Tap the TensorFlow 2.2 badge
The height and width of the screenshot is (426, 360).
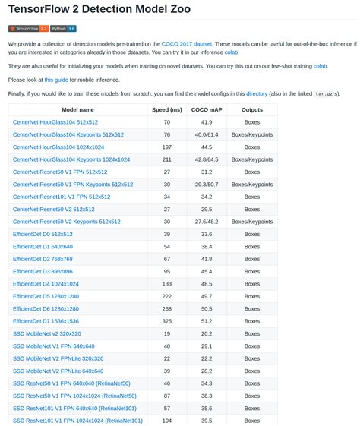[x=28, y=29]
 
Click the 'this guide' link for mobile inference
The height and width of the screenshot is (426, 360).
[x=55, y=80]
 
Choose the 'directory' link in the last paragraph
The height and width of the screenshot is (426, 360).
[x=257, y=93]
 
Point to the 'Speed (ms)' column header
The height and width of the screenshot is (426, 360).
[x=166, y=110]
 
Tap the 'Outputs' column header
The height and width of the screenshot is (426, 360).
[x=252, y=110]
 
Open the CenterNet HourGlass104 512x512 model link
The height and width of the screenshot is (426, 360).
[x=55, y=122]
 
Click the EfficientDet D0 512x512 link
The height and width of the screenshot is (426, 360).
[x=43, y=234]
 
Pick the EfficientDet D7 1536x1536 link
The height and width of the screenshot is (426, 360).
[x=46, y=321]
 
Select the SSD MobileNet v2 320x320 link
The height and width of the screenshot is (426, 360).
[x=47, y=333]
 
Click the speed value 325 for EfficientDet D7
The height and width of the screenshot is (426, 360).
[x=166, y=321]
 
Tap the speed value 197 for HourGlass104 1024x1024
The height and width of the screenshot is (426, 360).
[x=166, y=147]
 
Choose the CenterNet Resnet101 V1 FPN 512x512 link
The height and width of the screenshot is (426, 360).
[x=59, y=197]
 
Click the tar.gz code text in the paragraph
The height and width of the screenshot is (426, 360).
[x=323, y=94]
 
